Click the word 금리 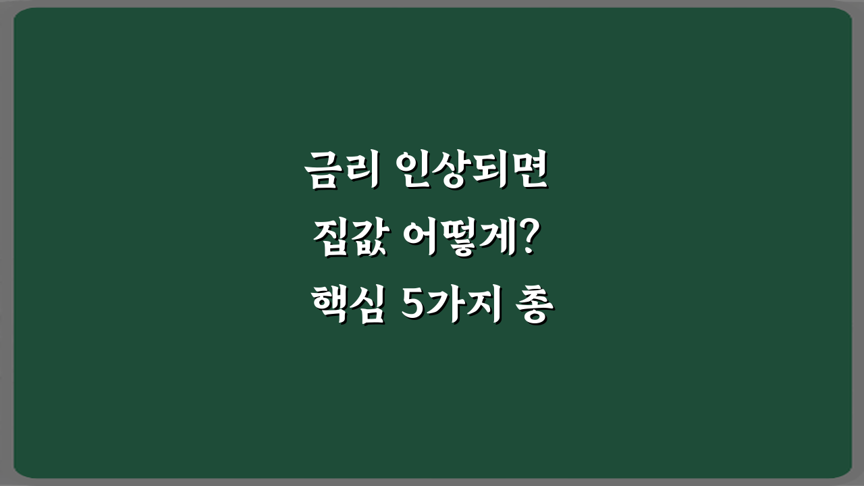click(341, 172)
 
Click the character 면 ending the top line click(531, 172)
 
